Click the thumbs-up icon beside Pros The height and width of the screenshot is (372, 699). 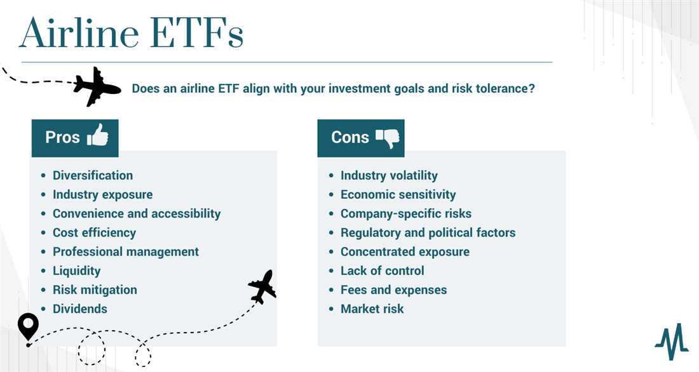(x=98, y=135)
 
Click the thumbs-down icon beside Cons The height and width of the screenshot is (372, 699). (x=388, y=138)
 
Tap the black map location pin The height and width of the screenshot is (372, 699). (x=28, y=327)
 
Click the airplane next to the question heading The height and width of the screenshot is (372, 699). (x=97, y=87)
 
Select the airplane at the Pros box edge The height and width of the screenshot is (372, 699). (x=262, y=286)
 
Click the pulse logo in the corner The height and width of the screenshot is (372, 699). (x=672, y=342)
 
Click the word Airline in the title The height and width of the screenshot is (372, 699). (x=79, y=33)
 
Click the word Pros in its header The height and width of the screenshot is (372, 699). (x=62, y=137)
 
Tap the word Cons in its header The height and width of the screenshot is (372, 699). (x=350, y=137)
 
